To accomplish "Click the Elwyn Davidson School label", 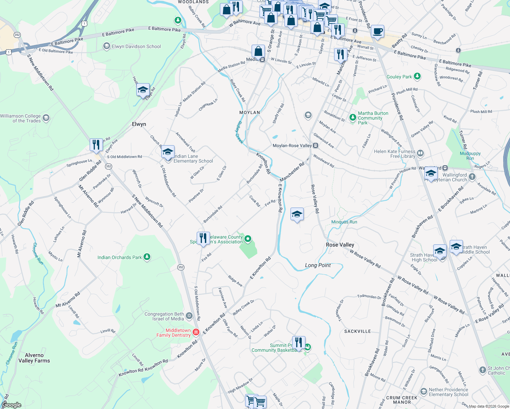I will (136, 46).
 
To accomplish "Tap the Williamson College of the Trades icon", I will (46, 118).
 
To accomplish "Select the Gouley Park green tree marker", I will (417, 76).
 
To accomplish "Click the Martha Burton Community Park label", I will (373, 118).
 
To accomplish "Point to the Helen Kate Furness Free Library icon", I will (420, 153).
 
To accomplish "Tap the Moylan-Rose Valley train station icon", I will (316, 146).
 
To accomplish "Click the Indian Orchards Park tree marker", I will (147, 257).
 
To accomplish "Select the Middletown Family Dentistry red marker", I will (196, 332).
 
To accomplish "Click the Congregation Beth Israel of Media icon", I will (189, 316).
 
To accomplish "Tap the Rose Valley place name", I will (340, 245).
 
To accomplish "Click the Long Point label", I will (318, 265).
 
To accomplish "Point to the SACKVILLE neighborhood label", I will (357, 331).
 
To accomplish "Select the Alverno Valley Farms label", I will (34, 358).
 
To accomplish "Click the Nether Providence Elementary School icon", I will (423, 391).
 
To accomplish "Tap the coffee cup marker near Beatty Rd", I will (377, 32).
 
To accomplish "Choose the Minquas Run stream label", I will (344, 222).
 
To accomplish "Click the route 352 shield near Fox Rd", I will (181, 267).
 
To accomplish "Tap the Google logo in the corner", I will (12, 405).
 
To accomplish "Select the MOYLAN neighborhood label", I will (250, 112).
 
